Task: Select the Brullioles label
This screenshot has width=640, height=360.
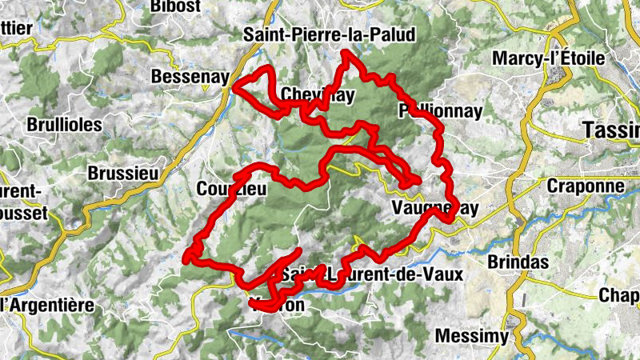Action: (x=64, y=125)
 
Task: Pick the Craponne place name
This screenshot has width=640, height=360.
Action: (x=585, y=186)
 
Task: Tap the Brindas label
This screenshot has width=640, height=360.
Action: (x=518, y=262)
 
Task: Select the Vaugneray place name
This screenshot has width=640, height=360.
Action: (x=435, y=208)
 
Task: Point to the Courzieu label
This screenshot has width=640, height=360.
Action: (x=230, y=189)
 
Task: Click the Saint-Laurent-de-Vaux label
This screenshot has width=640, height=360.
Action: (x=371, y=274)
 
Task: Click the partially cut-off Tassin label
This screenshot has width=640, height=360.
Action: (x=612, y=130)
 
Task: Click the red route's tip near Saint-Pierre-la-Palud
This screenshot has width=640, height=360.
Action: (x=345, y=54)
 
